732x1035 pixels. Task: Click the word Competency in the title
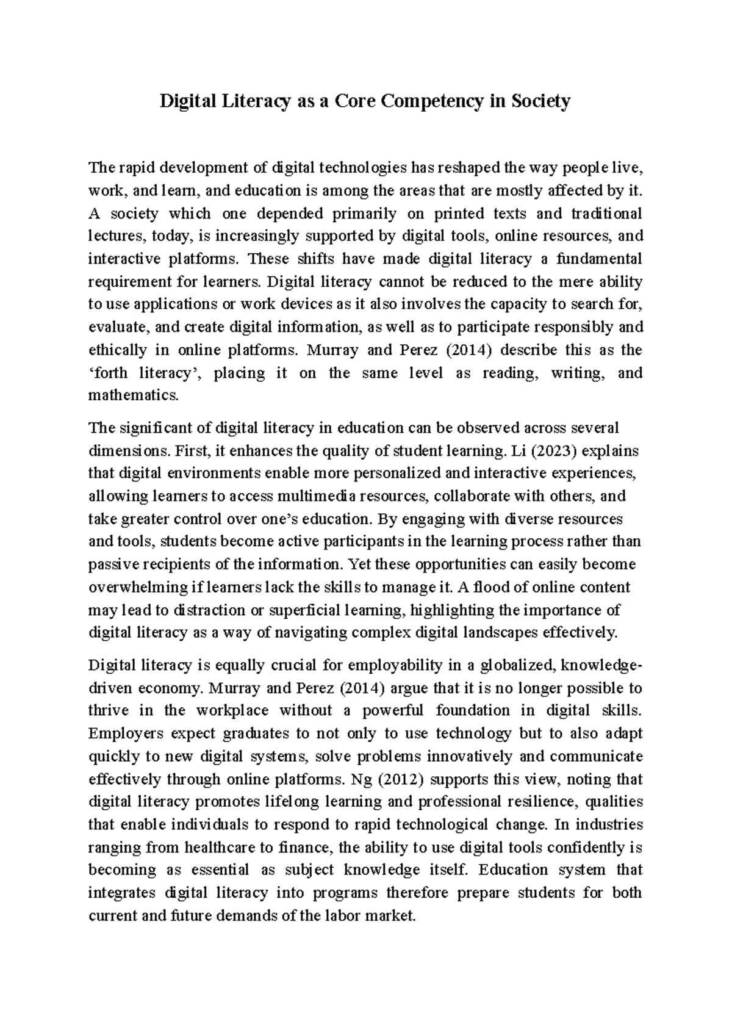pos(432,101)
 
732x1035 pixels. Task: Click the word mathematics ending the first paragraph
pos(134,395)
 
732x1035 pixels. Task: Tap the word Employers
pos(120,734)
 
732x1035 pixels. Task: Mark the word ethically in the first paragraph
pos(117,350)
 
